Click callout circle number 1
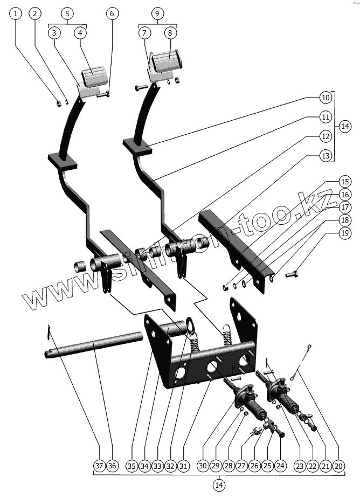click(x=16, y=13)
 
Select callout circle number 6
click(x=112, y=13)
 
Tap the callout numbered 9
click(x=157, y=13)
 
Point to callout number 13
click(x=326, y=156)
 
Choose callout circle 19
click(x=345, y=233)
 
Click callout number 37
click(x=99, y=466)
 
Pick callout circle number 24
click(x=280, y=466)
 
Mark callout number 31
click(x=183, y=466)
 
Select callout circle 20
click(x=339, y=466)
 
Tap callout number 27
click(x=241, y=466)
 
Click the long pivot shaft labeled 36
click(x=94, y=345)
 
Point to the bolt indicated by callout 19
click(x=292, y=274)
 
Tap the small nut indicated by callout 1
click(x=59, y=103)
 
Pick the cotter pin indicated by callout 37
click(x=49, y=332)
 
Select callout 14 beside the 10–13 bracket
click(x=345, y=127)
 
